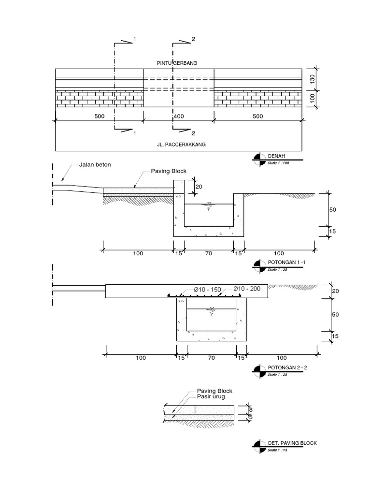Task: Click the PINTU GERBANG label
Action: (x=177, y=63)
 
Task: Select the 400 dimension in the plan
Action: (x=179, y=116)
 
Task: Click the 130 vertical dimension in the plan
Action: (x=312, y=79)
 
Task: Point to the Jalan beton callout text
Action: (x=95, y=165)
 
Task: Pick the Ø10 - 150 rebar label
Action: (x=207, y=290)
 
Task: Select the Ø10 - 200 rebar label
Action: (x=247, y=289)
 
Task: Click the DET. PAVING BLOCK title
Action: (x=292, y=443)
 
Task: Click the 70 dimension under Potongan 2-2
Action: (x=211, y=358)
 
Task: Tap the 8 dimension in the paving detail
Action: (x=250, y=408)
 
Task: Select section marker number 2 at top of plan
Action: (x=193, y=39)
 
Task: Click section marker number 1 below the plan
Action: (x=134, y=133)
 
